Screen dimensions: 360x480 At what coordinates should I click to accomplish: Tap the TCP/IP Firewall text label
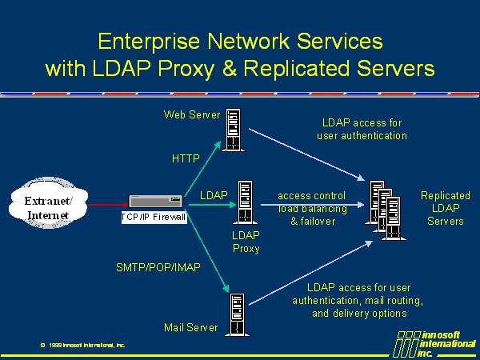point(154,217)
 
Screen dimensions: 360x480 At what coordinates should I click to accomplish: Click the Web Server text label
point(192,114)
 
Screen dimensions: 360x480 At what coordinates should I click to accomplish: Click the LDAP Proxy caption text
point(246,242)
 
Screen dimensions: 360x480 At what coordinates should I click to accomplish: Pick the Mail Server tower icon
point(237,314)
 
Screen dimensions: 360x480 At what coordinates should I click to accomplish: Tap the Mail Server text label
point(190,327)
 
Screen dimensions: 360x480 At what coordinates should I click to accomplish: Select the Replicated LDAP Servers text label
point(446,208)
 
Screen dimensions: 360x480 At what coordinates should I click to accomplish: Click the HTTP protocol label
point(186,158)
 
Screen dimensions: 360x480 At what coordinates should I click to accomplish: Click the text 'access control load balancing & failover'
point(312,208)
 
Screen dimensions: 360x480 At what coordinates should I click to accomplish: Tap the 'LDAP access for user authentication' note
point(362,129)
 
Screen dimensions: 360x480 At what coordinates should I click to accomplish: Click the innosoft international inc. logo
point(436,342)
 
